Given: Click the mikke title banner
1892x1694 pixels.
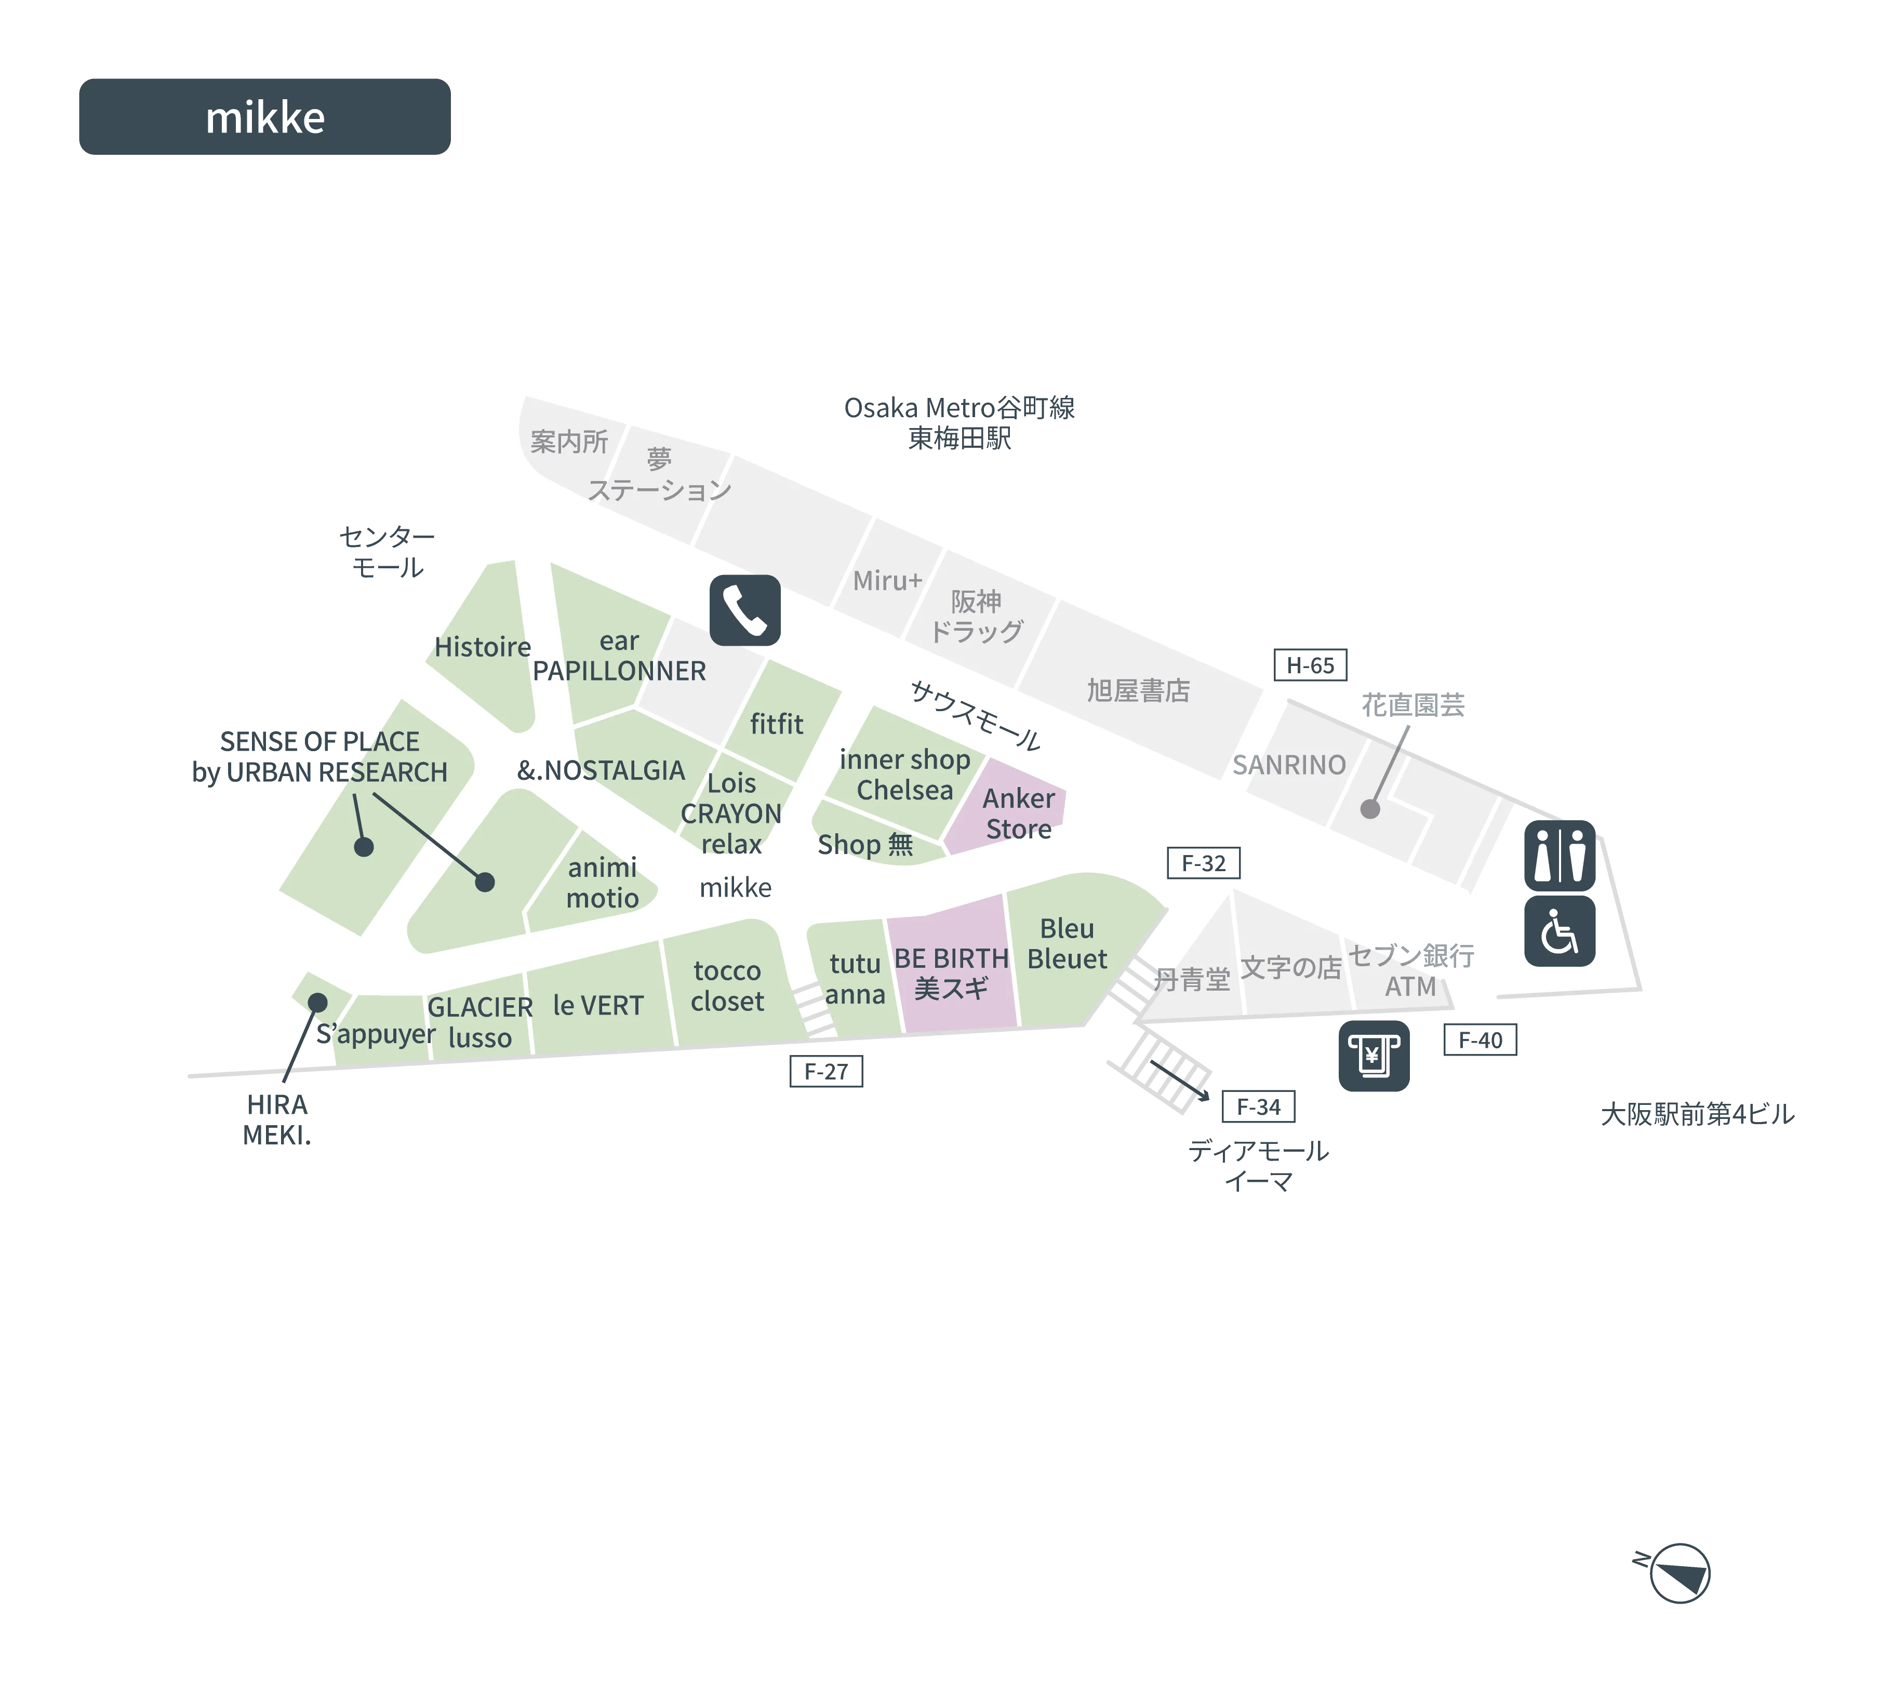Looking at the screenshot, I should click(265, 116).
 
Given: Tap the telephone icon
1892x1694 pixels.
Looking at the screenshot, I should click(744, 610).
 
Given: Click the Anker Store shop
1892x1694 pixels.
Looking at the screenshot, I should click(1018, 812).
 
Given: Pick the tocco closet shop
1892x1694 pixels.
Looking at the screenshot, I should click(727, 985).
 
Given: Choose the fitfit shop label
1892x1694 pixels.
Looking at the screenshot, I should click(776, 723).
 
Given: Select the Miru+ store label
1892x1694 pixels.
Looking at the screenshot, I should click(887, 581).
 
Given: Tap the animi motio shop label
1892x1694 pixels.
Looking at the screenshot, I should click(602, 883).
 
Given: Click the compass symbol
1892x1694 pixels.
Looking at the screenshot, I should click(1675, 1573).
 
